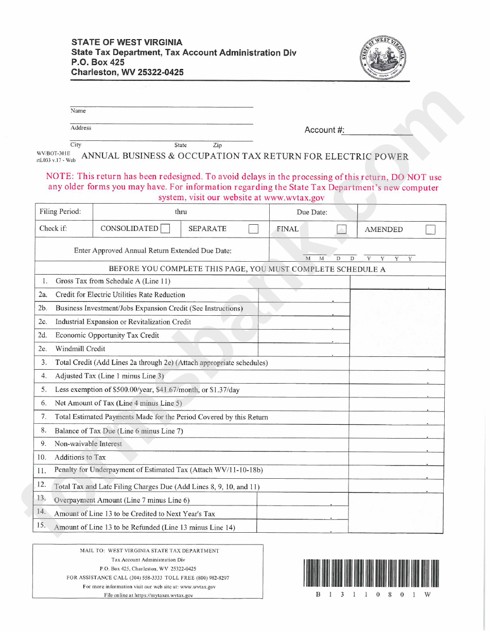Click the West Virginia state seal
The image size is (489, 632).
click(x=383, y=57)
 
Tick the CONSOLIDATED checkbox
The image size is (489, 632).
click(x=165, y=229)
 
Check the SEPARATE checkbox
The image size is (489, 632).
click(x=253, y=229)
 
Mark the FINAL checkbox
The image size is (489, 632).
click(x=341, y=230)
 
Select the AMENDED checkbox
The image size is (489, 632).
click(x=431, y=230)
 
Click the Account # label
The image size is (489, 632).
click(x=324, y=130)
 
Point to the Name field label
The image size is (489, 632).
click(x=78, y=111)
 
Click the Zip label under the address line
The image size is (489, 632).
click(x=217, y=146)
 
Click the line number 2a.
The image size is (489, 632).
click(x=43, y=295)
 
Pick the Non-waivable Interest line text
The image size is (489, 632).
click(x=89, y=444)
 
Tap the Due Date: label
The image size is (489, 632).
click(x=312, y=212)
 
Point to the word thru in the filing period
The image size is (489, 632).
click(x=181, y=212)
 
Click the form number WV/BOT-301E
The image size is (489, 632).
click(x=54, y=153)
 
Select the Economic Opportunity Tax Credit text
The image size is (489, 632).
click(x=107, y=335)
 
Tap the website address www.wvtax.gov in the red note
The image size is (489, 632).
click(x=292, y=197)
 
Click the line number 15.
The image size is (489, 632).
click(x=42, y=526)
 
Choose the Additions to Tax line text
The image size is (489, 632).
click(x=80, y=457)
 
